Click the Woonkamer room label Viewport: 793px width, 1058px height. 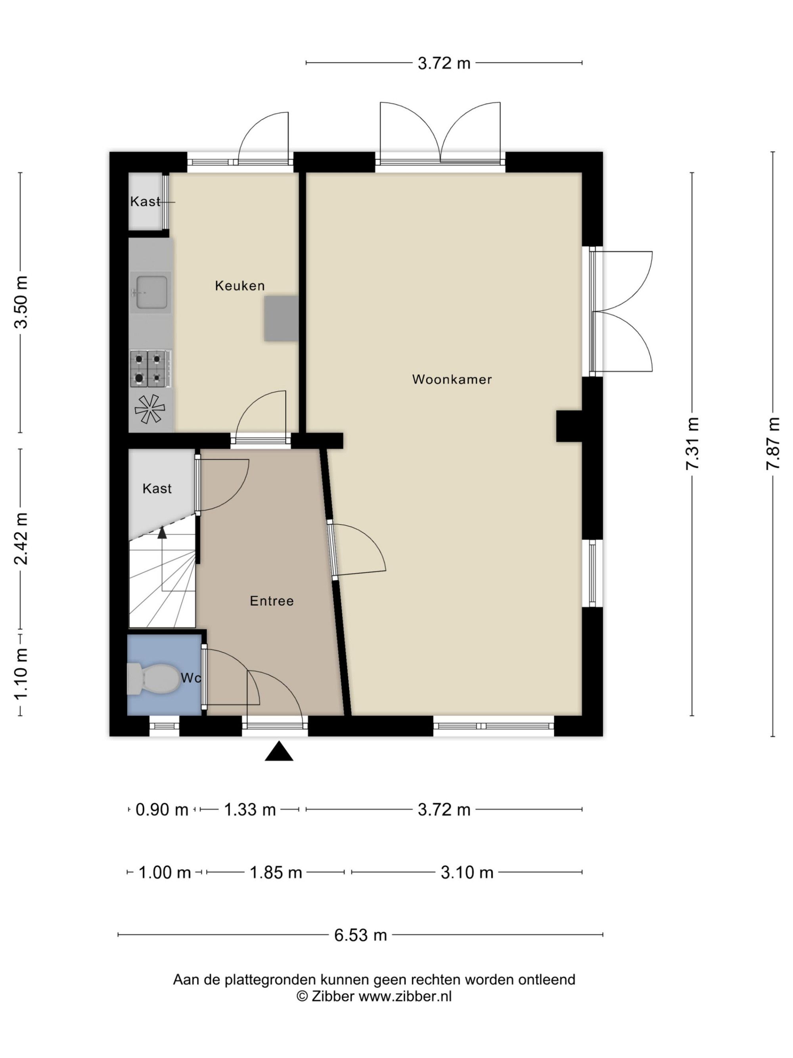pos(452,379)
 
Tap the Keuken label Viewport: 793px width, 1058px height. pos(239,286)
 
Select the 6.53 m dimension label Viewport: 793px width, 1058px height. pos(360,935)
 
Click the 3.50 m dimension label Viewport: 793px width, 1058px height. pos(21,302)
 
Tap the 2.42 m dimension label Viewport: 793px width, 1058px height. pos(21,539)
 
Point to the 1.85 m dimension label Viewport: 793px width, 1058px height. pos(276,872)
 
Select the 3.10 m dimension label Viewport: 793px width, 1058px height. pos(467,872)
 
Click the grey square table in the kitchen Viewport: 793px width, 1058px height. pos(282,319)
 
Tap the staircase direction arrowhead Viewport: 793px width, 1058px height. pos(162,532)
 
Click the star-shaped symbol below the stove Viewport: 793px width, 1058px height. pos(149,409)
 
